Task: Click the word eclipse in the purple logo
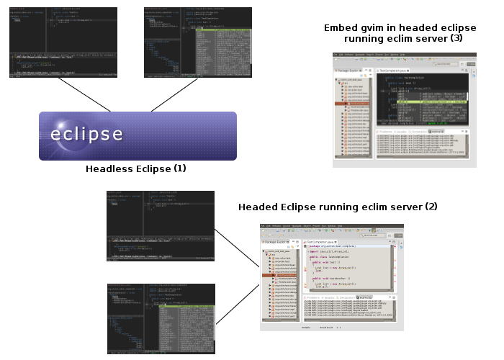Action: [86, 135]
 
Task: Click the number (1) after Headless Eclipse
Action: [179, 169]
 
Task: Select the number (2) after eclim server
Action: [431, 207]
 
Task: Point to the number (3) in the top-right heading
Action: [456, 38]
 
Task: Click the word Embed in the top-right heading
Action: [339, 27]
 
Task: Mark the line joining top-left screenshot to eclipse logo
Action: [79, 94]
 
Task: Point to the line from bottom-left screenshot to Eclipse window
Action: [237, 303]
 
